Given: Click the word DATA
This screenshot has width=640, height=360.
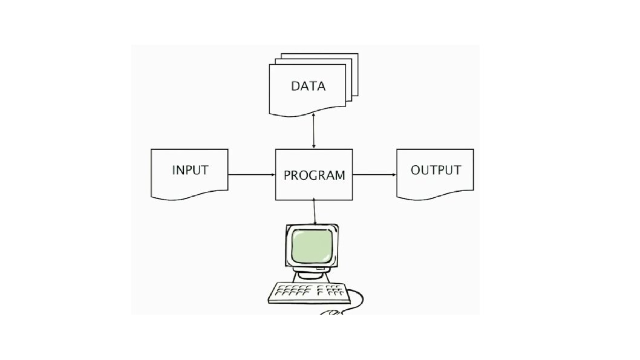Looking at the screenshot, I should click(308, 86).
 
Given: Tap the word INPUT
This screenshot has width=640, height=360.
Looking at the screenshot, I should click(190, 170).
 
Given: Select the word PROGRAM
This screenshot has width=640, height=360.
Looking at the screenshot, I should click(314, 175).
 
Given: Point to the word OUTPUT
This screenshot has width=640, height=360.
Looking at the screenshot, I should click(436, 170).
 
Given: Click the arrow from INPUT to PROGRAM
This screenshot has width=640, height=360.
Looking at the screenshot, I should click(251, 175).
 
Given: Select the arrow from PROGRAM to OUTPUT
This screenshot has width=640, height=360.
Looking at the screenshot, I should click(374, 175).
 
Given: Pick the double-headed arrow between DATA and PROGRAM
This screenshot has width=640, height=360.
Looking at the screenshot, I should click(313, 131).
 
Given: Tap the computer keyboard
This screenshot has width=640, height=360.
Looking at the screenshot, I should click(309, 293).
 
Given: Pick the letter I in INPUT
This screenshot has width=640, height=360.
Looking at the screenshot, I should click(174, 170).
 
